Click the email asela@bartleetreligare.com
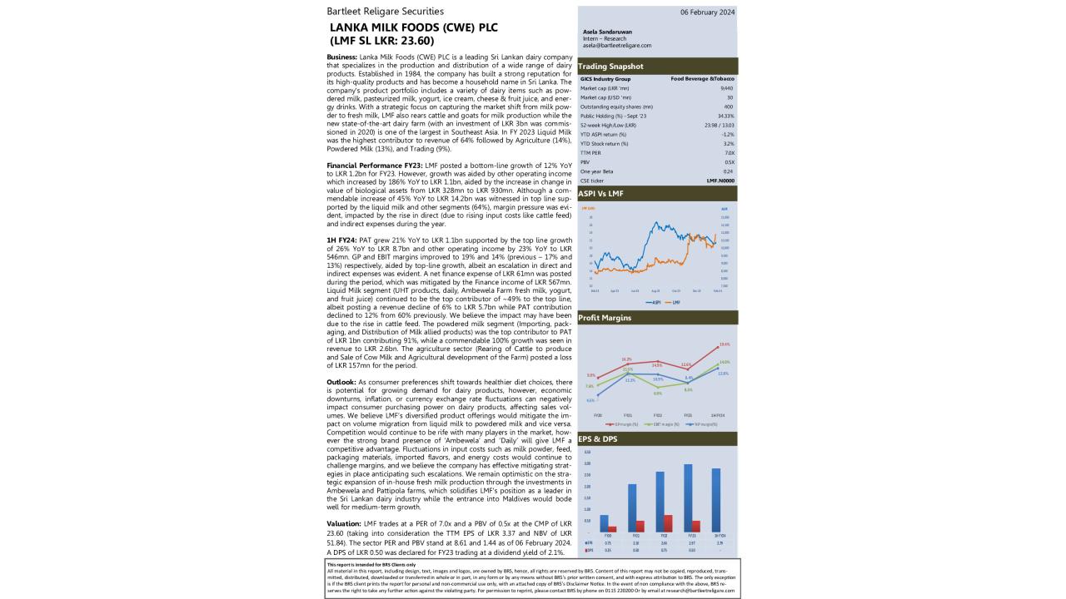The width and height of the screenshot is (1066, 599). pos(617,46)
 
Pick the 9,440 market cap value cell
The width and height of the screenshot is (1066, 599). pos(726,87)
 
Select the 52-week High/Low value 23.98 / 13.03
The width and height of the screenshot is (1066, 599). pos(719,125)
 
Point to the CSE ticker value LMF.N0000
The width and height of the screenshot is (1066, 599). pos(720,180)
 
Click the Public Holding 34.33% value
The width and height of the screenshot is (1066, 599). pos(725,116)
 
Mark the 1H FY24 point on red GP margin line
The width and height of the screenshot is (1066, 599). pos(718,346)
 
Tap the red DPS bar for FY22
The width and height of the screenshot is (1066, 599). pos(667,523)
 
